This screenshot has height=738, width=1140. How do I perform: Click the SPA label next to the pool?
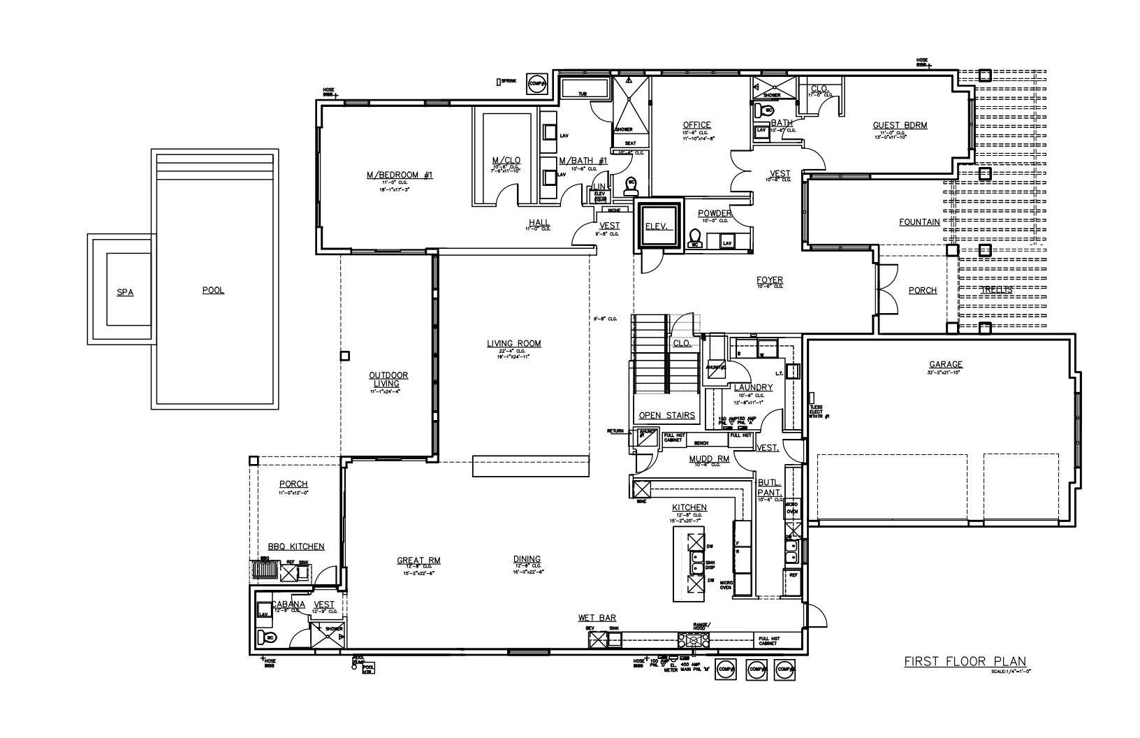(125, 292)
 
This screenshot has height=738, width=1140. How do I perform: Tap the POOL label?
(213, 290)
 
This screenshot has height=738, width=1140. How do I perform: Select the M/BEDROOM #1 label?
(400, 175)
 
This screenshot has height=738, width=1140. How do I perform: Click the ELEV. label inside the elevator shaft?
(657, 226)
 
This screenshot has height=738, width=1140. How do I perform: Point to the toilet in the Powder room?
(694, 238)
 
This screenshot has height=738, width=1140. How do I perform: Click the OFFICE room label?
(696, 125)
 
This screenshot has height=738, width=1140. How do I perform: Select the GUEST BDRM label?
(900, 126)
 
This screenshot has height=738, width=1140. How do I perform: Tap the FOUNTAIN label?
(919, 222)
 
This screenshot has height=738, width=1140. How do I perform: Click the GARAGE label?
(945, 364)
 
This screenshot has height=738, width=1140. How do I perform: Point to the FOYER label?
(769, 280)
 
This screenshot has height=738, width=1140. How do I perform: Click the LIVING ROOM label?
(513, 343)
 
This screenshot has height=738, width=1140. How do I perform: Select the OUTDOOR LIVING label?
(388, 379)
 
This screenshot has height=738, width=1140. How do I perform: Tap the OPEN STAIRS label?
(667, 415)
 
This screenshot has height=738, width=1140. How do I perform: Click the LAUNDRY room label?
(753, 387)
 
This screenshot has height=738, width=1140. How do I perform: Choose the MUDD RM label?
(709, 459)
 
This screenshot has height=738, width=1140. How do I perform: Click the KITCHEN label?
(689, 507)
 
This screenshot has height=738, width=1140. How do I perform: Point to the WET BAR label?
(597, 618)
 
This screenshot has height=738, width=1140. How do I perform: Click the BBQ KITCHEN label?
(296, 547)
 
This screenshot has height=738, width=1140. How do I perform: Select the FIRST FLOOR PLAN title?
(965, 661)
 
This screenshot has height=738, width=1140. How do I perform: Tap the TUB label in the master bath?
(582, 93)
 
